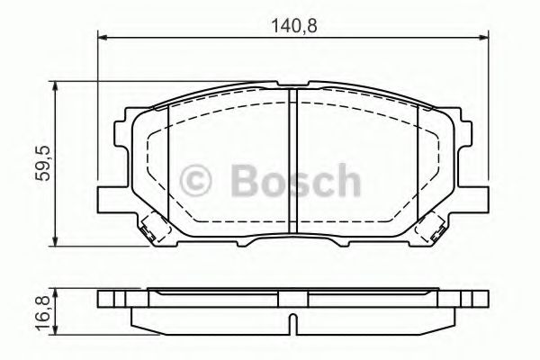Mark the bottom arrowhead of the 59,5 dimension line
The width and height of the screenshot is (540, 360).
[58, 245]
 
